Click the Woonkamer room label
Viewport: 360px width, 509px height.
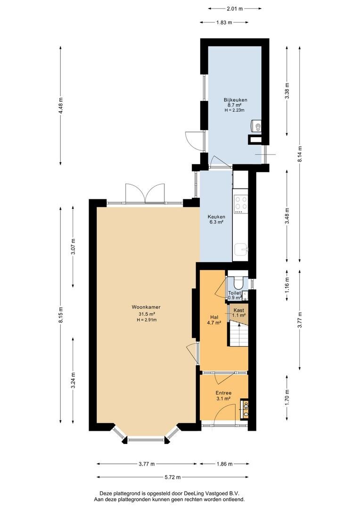pos(146,307)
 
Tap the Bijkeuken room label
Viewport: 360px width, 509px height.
pos(235,100)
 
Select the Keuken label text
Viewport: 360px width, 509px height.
pos(216,217)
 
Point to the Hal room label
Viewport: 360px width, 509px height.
pos(214,317)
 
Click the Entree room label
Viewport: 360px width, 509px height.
pos(223,393)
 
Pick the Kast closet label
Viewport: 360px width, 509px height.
pos(238,310)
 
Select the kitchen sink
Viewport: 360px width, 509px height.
pos(241,250)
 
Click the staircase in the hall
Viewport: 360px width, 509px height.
pos(238,334)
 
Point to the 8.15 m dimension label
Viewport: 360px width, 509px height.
pos(61,315)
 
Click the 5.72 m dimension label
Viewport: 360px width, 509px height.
pos(172,477)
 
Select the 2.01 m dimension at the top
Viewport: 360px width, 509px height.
pos(234,9)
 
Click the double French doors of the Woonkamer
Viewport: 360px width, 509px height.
pos(145,194)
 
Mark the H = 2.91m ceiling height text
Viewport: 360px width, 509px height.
pos(147,320)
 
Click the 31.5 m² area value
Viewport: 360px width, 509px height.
pos(146,314)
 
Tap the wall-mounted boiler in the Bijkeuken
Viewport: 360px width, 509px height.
pos(256,126)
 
